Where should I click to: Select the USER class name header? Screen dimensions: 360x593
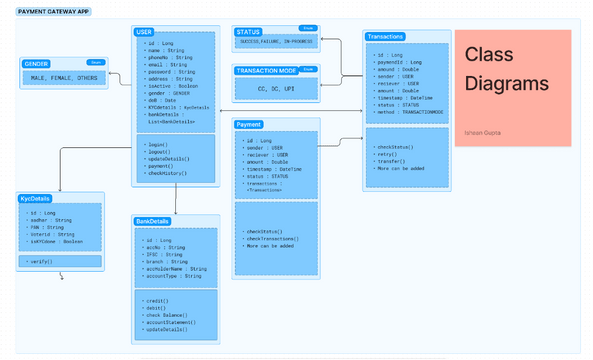[144, 32]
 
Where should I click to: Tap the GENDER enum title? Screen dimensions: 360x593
[38, 62]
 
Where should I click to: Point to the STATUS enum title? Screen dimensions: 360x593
[248, 32]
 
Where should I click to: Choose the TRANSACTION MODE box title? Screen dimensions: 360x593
[266, 70]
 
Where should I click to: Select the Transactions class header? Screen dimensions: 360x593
[386, 35]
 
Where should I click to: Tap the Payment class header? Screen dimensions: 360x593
[250, 124]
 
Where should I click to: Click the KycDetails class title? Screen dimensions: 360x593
[36, 198]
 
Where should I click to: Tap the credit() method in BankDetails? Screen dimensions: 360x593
[157, 299]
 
